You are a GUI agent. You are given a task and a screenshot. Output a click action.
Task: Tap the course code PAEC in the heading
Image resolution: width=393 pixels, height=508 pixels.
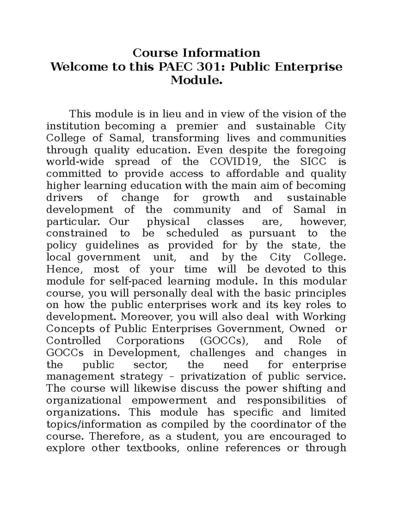pos(176,67)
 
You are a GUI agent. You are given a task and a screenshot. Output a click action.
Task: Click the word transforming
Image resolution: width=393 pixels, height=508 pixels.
pos(185,138)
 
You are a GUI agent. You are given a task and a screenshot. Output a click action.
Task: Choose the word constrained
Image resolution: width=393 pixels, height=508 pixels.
pos(77,233)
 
